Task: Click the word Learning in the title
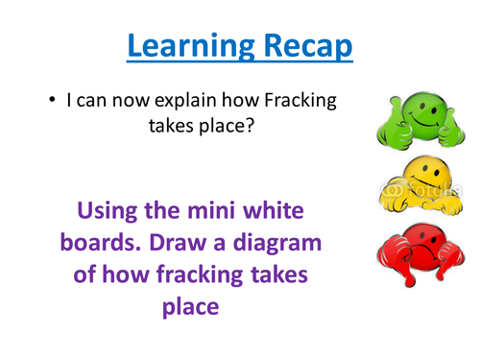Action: pyautogui.click(x=182, y=44)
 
